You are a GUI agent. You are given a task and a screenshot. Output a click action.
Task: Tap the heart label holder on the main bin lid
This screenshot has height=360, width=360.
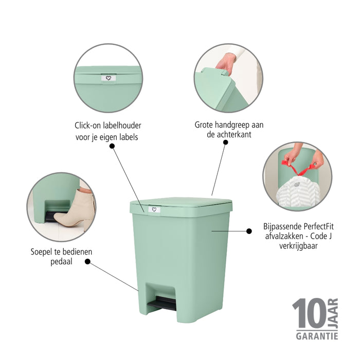tap(154, 209)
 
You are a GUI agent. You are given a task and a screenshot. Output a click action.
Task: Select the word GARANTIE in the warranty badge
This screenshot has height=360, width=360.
tap(316, 336)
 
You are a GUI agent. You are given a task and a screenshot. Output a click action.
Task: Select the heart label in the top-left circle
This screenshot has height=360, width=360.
tap(109, 78)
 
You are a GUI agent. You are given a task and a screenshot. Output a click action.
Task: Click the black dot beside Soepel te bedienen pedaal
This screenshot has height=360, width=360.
tap(87, 261)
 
